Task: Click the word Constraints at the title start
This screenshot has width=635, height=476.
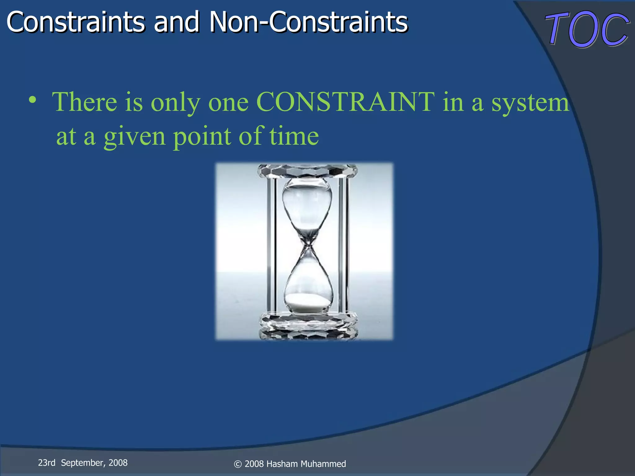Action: [x=76, y=22]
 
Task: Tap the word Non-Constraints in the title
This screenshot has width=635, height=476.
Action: [x=309, y=22]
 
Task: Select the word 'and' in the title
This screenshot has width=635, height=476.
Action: [x=177, y=22]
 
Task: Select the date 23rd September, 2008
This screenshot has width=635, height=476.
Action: [x=83, y=463]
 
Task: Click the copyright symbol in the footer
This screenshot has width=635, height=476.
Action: [x=238, y=464]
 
